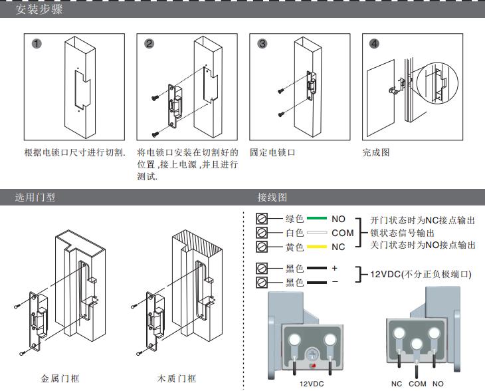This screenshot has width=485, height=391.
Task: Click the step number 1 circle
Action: [x=37, y=44]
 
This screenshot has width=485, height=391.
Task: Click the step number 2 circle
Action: [x=149, y=44]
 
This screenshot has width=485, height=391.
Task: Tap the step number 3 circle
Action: [x=262, y=44]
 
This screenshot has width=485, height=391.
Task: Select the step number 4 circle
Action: [x=375, y=44]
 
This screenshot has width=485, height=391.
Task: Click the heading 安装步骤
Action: [x=39, y=10]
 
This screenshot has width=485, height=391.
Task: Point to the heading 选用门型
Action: [x=35, y=197]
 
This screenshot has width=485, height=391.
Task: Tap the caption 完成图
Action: [x=376, y=152]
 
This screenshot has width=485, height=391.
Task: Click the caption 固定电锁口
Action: [x=272, y=152]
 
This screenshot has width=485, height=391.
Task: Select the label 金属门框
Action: [x=60, y=378]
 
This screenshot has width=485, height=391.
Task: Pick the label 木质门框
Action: [x=177, y=378]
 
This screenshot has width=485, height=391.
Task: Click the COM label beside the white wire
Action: [x=343, y=233]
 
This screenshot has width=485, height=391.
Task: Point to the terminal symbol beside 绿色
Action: [x=262, y=219]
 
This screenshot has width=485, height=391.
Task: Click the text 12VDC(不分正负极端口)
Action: [x=421, y=274]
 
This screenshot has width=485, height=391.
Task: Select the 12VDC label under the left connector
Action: [x=311, y=384]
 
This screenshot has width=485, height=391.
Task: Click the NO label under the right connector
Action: [x=438, y=384]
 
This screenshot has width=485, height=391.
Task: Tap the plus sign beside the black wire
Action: [x=335, y=268]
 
